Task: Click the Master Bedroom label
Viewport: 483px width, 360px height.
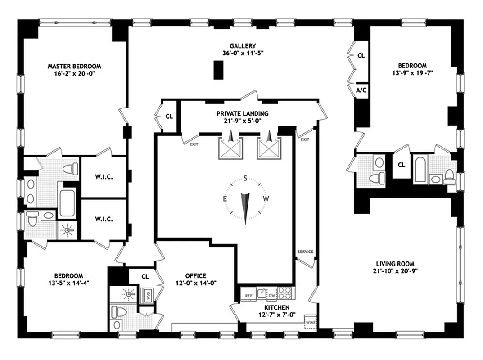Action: tap(74, 66)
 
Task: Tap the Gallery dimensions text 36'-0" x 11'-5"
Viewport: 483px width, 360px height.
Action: tap(243, 53)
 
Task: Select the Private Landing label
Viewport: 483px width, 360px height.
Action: tap(242, 113)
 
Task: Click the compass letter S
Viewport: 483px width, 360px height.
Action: tap(245, 178)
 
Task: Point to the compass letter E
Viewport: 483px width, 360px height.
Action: tap(225, 198)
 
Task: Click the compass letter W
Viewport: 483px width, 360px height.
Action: tap(266, 198)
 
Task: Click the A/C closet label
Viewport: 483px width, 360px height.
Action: tap(361, 90)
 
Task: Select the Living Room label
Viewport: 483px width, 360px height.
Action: tap(395, 264)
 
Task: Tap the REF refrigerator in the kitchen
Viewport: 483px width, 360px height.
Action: tap(248, 296)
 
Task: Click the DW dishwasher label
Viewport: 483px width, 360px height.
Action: tap(271, 296)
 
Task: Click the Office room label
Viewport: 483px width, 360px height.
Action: tap(195, 276)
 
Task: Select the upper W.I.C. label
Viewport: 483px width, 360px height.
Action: tap(104, 177)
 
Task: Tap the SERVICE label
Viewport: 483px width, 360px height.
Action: tap(305, 252)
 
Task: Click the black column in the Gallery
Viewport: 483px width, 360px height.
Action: tap(218, 70)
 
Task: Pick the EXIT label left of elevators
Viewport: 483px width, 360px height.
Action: tap(194, 144)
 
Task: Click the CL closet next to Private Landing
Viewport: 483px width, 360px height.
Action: tap(169, 116)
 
